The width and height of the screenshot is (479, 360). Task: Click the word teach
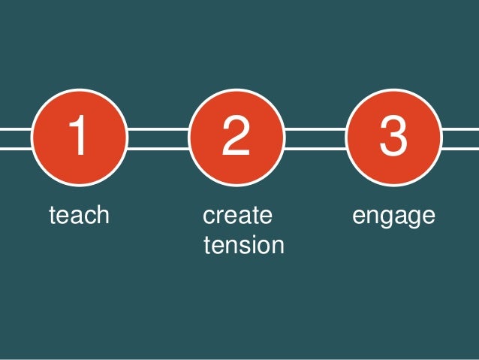(79, 216)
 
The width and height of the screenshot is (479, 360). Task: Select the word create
(237, 216)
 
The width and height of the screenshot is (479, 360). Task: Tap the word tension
(243, 245)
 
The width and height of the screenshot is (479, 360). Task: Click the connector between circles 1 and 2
(157, 139)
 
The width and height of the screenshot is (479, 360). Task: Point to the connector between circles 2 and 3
(314, 139)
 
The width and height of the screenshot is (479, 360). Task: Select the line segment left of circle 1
(15, 139)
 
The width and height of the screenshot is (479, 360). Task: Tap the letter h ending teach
(103, 216)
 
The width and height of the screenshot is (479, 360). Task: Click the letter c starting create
(209, 216)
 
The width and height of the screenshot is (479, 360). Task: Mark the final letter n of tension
(277, 246)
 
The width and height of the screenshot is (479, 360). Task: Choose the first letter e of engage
(359, 216)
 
